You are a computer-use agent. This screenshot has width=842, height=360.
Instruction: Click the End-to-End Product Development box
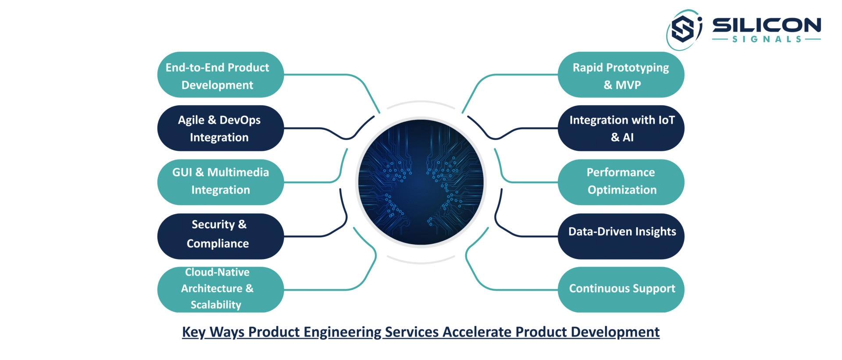point(221,75)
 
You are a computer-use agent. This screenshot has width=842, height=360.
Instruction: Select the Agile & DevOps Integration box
point(221,128)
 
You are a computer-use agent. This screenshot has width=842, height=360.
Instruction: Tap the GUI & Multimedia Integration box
point(221,182)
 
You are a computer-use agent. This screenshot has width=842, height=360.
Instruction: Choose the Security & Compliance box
point(221,236)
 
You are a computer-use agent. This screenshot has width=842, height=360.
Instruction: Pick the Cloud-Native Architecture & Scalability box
point(221,290)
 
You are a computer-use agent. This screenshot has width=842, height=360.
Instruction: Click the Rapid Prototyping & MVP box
point(621,75)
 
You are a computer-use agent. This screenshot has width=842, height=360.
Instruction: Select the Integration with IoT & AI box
point(621,128)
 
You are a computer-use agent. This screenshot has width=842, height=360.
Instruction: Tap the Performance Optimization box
point(621,182)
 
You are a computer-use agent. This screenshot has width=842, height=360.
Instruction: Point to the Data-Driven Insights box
point(621,236)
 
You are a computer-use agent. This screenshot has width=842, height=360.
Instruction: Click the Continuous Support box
point(621,290)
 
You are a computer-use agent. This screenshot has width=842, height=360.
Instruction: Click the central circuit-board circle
point(421,182)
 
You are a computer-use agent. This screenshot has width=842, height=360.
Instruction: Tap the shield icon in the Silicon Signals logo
point(683,29)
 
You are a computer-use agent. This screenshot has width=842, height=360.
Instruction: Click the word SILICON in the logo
point(767,25)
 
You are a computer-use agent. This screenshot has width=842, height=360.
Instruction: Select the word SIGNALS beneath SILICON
point(767,39)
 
